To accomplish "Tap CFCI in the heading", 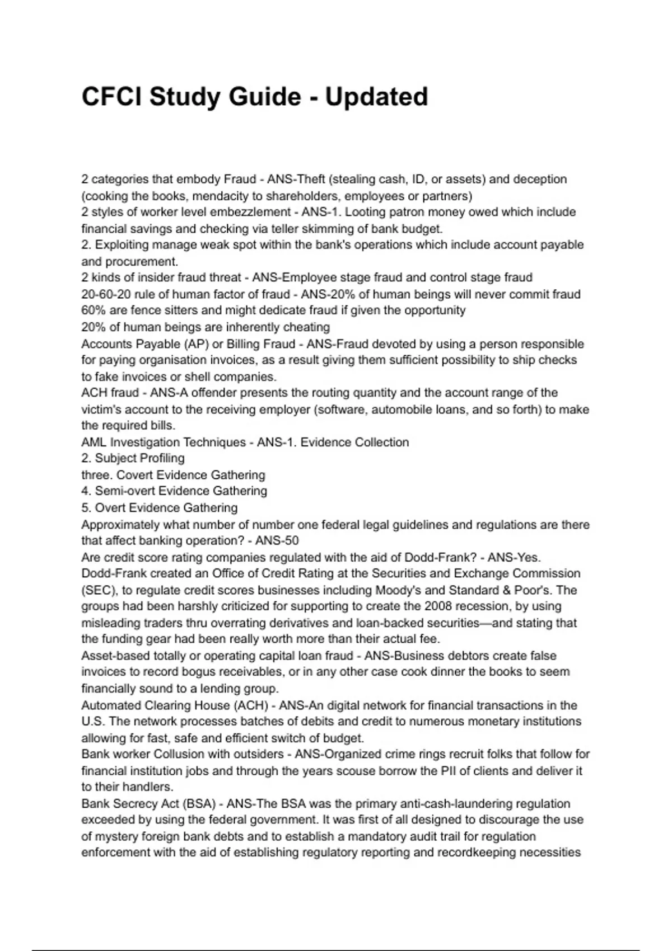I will click(x=111, y=97).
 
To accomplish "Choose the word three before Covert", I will click(x=96, y=474).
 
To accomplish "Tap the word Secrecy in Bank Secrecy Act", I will click(x=130, y=803).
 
